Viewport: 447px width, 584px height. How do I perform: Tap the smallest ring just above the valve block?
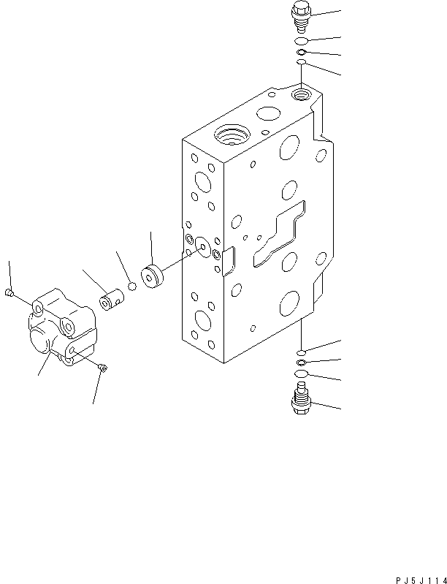[x=300, y=64]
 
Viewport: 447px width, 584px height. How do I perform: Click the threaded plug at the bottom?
[x=300, y=401]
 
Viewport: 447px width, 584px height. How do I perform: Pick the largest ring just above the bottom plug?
[x=300, y=376]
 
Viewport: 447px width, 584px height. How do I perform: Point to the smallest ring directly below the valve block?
[x=301, y=352]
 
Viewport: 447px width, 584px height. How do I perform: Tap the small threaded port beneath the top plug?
[x=299, y=95]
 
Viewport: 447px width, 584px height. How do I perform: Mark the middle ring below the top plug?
[x=301, y=53]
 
